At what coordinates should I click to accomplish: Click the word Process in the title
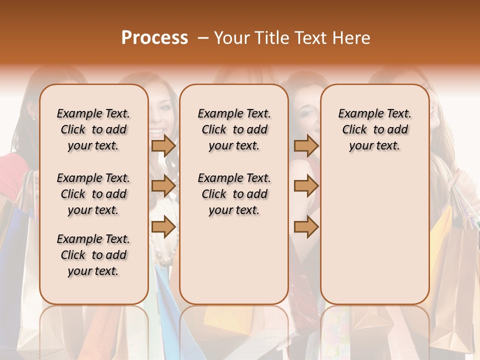[154, 38]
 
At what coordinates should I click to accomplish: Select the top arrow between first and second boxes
[163, 146]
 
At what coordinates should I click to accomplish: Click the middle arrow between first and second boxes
[163, 186]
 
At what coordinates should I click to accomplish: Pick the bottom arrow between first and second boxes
[163, 227]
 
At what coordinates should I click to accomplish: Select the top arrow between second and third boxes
[306, 146]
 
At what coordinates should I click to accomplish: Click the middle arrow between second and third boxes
[306, 186]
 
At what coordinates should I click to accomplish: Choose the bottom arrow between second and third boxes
[306, 227]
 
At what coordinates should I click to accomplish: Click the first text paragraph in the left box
[93, 129]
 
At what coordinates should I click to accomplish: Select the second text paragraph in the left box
[93, 194]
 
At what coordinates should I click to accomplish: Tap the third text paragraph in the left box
[93, 255]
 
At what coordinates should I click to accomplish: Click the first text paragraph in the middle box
[234, 129]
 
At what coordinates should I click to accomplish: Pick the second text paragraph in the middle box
[234, 194]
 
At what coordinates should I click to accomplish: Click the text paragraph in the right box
[374, 129]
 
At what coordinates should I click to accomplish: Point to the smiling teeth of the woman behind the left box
[157, 133]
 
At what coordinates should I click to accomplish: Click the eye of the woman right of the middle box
[305, 112]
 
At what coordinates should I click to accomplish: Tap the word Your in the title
[231, 38]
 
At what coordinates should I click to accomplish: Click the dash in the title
[203, 38]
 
